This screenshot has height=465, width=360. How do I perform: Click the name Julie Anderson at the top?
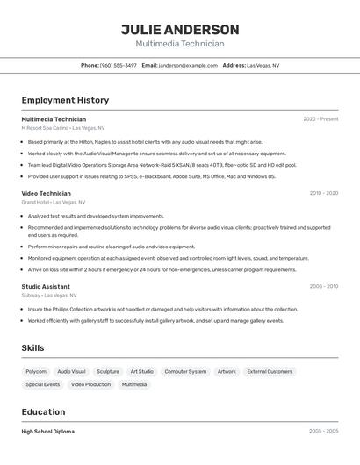179,29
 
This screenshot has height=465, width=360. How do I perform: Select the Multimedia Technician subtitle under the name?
179,44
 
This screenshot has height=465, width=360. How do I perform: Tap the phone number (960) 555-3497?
118,65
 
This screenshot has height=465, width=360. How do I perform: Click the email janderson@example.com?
188,65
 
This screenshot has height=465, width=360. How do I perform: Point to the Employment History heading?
65,100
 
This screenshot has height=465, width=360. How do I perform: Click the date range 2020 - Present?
320,119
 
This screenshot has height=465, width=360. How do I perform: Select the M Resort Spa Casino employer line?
62,127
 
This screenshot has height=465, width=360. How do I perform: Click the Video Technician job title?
46,193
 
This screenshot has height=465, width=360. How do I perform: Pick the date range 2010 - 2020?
323,193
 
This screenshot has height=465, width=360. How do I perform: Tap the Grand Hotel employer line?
53,202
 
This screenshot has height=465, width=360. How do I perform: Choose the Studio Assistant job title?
46,286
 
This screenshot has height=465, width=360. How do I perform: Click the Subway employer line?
47,295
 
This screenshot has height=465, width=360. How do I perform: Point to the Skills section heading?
32,348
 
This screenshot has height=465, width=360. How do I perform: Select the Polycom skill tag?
36,371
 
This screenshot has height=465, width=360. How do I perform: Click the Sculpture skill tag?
108,371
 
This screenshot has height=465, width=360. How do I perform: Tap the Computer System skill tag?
185,371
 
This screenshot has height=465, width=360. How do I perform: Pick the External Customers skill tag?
270,371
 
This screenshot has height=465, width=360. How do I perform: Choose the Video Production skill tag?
90,384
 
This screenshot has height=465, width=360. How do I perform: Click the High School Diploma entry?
47,432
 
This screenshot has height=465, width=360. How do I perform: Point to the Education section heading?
43,411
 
